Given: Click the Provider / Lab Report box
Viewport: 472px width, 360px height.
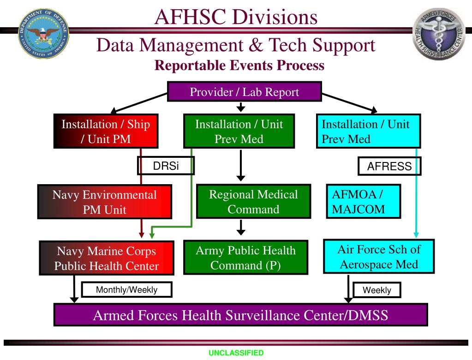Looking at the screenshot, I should [244, 92].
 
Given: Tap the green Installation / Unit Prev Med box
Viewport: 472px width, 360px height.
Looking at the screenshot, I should [239, 131].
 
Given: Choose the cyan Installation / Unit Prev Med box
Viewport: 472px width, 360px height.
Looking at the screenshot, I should [368, 131].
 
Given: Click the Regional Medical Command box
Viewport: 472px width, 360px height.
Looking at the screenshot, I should [253, 202].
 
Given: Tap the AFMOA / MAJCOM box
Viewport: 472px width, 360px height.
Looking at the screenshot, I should [363, 201].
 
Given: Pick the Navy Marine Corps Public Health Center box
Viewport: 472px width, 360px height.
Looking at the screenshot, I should [107, 258].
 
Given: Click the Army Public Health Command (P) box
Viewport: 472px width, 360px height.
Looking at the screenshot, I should [245, 258].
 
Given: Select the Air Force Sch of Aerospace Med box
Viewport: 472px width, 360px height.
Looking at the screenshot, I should [379, 257].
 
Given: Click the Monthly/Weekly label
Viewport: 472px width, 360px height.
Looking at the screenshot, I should [126, 290].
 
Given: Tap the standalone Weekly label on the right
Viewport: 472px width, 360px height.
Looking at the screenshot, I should [376, 290].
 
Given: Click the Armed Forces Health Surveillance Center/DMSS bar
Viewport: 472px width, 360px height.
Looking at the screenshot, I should [240, 315].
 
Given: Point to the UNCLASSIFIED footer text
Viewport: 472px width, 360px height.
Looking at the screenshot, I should [236, 353].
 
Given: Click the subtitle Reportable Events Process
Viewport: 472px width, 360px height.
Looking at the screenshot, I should [239, 66].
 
